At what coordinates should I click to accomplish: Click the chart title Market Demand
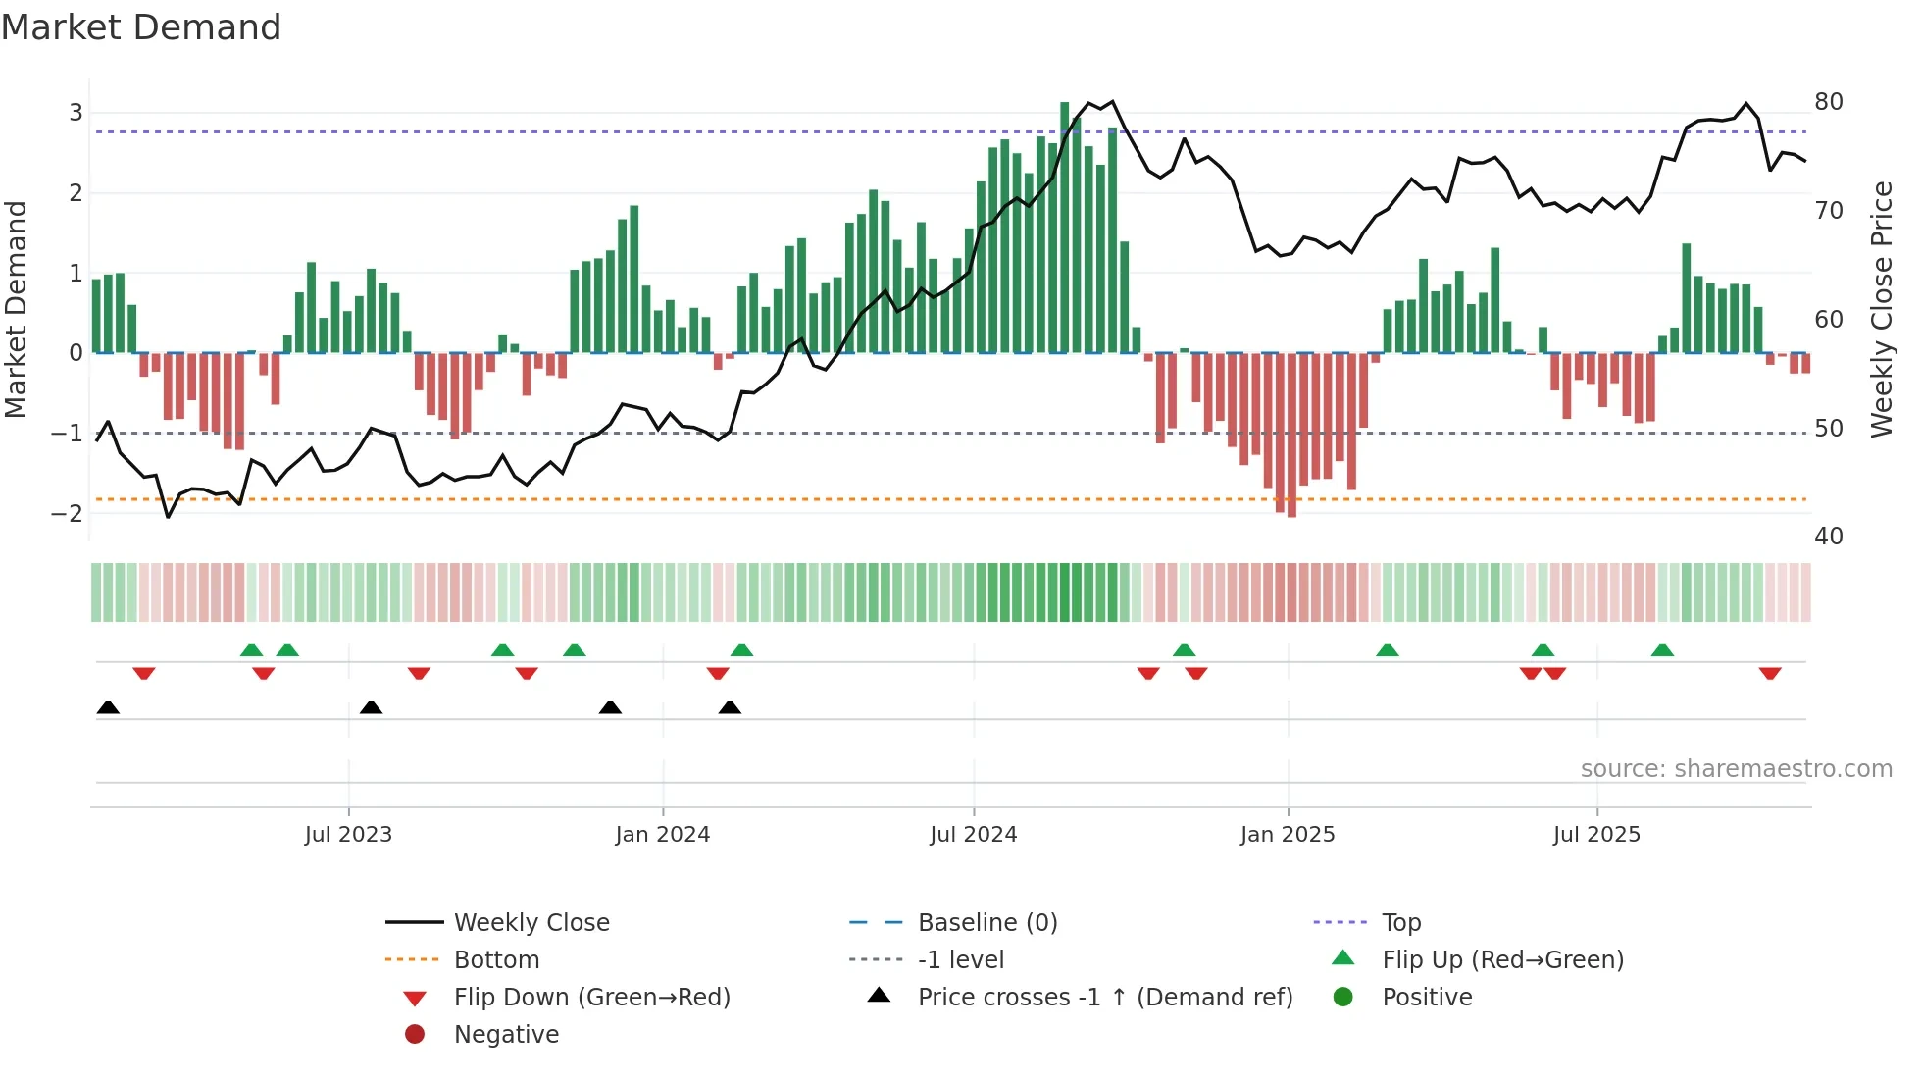[x=141, y=27]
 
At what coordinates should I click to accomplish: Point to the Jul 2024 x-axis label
[x=973, y=834]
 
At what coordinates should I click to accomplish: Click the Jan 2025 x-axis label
[x=1287, y=834]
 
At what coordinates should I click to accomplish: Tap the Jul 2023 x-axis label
[x=348, y=834]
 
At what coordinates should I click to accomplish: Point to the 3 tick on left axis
[x=76, y=112]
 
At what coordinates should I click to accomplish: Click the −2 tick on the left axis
[x=68, y=513]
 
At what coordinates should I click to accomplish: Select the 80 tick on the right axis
[x=1828, y=102]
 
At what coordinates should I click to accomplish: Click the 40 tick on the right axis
[x=1828, y=537]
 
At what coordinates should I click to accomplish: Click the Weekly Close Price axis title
[x=1881, y=309]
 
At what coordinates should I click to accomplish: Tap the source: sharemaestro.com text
[x=1736, y=768]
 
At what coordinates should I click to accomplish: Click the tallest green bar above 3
[x=1064, y=226]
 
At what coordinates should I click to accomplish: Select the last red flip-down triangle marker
[x=1769, y=674]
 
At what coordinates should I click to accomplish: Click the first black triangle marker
[x=108, y=707]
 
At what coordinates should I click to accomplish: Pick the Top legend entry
[x=1400, y=922]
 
